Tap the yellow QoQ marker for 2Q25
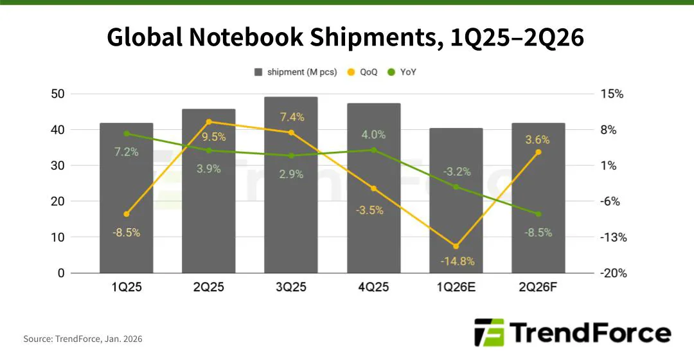click(x=209, y=122)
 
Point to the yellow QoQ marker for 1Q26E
click(x=456, y=246)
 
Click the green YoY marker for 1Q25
click(x=127, y=134)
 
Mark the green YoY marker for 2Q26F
click(x=538, y=214)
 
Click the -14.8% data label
click(x=456, y=261)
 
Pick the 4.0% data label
click(x=374, y=135)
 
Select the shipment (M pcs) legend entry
click(x=296, y=72)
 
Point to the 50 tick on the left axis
click(x=58, y=94)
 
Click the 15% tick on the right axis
click(x=612, y=94)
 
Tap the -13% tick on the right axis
click(x=613, y=237)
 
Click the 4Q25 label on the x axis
click(x=373, y=287)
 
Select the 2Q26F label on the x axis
click(x=538, y=287)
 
